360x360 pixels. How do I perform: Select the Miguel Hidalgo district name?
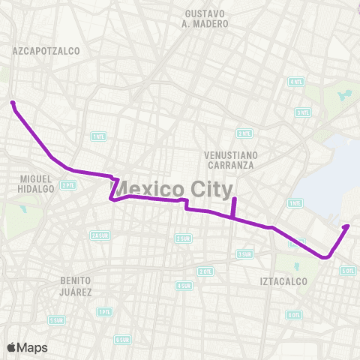tap(36, 184)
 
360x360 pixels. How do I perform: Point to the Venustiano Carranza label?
tap(232, 160)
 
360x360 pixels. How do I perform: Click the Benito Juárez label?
tap(76, 285)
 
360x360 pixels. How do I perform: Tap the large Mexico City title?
tap(172, 187)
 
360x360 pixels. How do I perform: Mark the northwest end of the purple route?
tap(13, 103)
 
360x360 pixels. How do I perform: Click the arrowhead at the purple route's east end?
tap(346, 225)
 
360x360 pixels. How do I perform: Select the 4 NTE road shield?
tap(296, 82)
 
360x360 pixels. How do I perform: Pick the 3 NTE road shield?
tap(302, 112)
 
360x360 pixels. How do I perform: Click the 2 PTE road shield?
tap(68, 184)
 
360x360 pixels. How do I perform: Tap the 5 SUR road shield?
tap(56, 320)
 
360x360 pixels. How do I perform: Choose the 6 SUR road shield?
tap(122, 339)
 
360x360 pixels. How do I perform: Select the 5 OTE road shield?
tap(347, 270)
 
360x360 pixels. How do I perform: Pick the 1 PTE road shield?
tap(104, 311)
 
